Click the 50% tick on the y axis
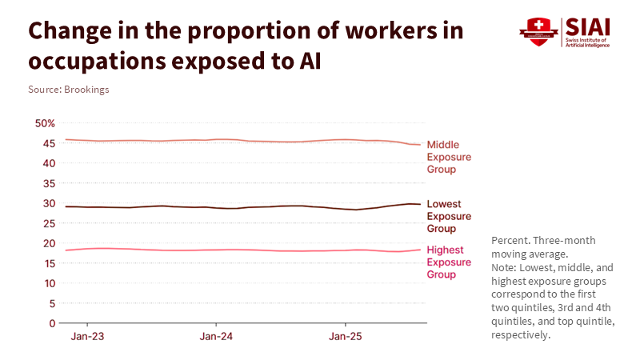(x=44, y=123)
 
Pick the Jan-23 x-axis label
(x=86, y=337)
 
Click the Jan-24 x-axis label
(x=216, y=337)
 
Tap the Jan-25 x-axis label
(x=345, y=337)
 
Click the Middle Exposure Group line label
(x=449, y=157)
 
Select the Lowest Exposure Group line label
(x=449, y=216)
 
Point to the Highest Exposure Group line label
(x=449, y=262)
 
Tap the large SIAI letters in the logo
(x=588, y=26)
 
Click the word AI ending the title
(x=309, y=61)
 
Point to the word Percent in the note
(x=510, y=240)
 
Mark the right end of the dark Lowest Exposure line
(x=420, y=204)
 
